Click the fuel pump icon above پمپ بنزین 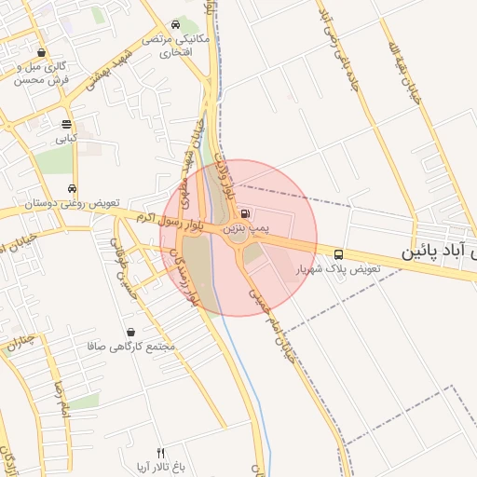(x=244, y=212)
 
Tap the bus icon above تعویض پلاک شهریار (x=338, y=253)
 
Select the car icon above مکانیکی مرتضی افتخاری (x=176, y=25)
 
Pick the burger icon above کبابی (x=66, y=124)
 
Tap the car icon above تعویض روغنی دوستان (x=73, y=188)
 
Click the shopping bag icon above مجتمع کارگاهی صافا (x=129, y=332)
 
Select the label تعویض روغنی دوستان (x=62, y=202)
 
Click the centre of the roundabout (x=238, y=237)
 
